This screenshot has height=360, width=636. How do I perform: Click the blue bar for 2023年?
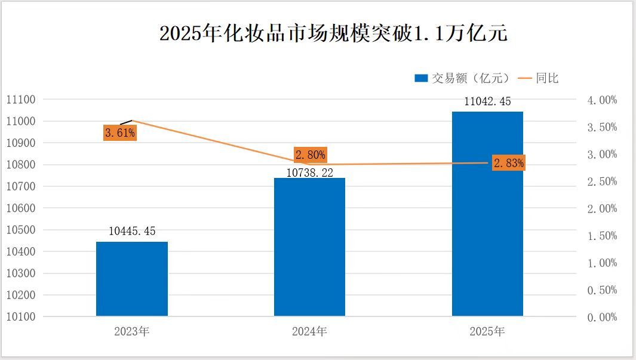click(131, 278)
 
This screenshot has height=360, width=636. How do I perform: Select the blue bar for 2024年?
click(309, 247)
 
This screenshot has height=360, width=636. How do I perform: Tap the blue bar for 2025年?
click(487, 213)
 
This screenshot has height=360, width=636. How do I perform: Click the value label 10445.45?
click(132, 231)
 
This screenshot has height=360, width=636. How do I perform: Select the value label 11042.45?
click(488, 101)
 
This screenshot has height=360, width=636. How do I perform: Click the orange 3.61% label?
click(119, 133)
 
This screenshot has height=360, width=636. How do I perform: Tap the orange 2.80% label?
click(311, 155)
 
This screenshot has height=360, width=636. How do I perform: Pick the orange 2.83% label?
click(509, 163)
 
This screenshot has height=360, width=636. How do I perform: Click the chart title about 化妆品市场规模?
click(333, 33)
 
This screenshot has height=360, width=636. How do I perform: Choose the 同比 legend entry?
click(539, 78)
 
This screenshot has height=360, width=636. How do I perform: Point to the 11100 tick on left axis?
click(21, 100)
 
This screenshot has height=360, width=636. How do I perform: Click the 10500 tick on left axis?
click(21, 230)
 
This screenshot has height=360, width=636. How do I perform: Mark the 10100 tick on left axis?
click(21, 317)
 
